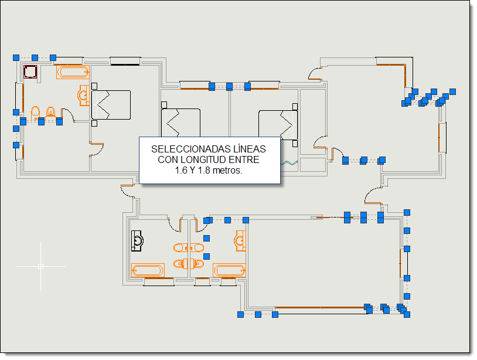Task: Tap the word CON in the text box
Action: pyautogui.click(x=168, y=159)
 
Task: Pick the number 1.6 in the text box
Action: pyautogui.click(x=181, y=171)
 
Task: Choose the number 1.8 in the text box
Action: pyautogui.click(x=204, y=171)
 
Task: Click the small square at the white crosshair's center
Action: pyautogui.click(x=41, y=267)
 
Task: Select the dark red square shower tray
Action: pyautogui.click(x=30, y=72)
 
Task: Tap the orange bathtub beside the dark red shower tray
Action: pyautogui.click(x=73, y=72)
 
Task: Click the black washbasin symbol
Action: pyautogui.click(x=137, y=241)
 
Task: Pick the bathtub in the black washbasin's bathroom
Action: pyautogui.click(x=148, y=270)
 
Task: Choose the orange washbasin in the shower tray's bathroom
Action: pyautogui.click(x=84, y=96)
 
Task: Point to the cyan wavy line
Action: pyautogui.click(x=289, y=164)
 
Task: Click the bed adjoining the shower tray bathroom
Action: pyautogui.click(x=111, y=105)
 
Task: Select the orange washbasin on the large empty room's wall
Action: pyautogui.click(x=240, y=241)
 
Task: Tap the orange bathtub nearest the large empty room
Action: pyautogui.click(x=229, y=270)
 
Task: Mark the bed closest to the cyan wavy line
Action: pyautogui.click(x=278, y=125)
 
